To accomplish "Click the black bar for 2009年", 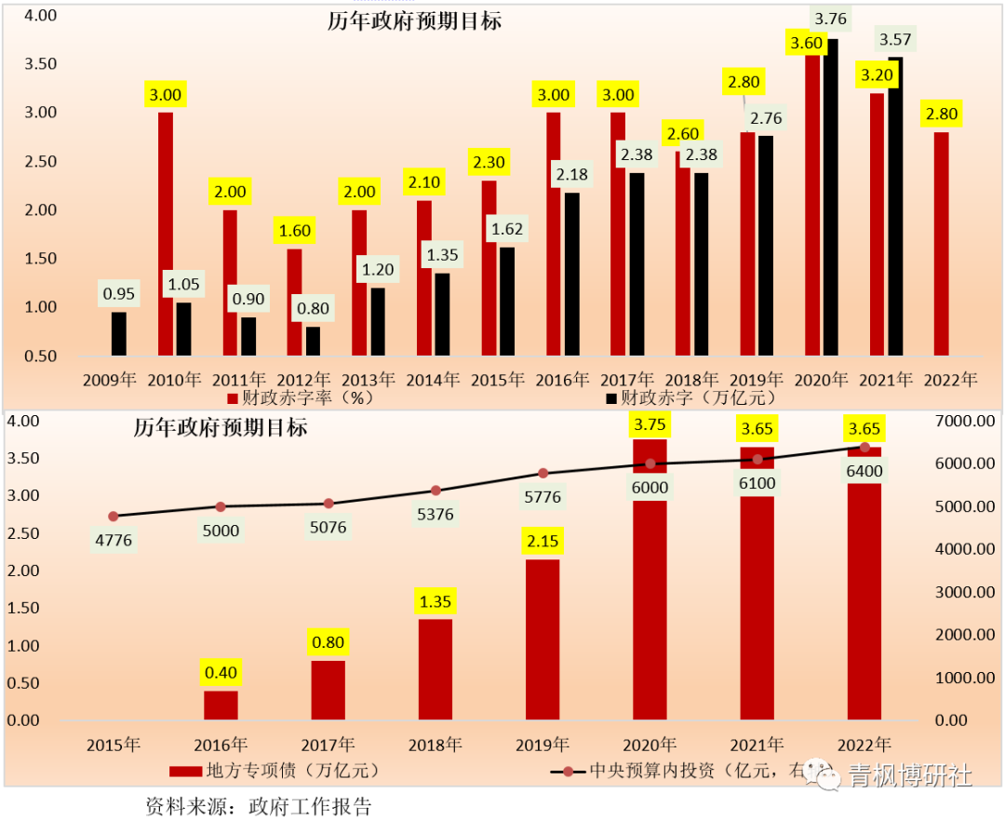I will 119,333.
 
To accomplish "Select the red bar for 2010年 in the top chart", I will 166,233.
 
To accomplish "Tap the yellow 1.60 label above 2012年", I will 294,231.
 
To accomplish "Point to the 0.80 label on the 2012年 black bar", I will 312,306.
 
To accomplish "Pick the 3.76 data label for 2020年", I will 830,19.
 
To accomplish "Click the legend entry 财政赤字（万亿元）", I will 690,397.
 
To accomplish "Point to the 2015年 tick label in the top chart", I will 503,380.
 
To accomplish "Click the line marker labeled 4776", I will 114,517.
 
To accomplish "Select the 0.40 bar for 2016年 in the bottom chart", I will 221,705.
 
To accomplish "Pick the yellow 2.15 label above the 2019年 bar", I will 543,541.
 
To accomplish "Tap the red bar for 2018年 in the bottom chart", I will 435,669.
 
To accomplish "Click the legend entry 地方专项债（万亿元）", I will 275,771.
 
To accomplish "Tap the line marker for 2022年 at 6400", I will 864,448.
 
